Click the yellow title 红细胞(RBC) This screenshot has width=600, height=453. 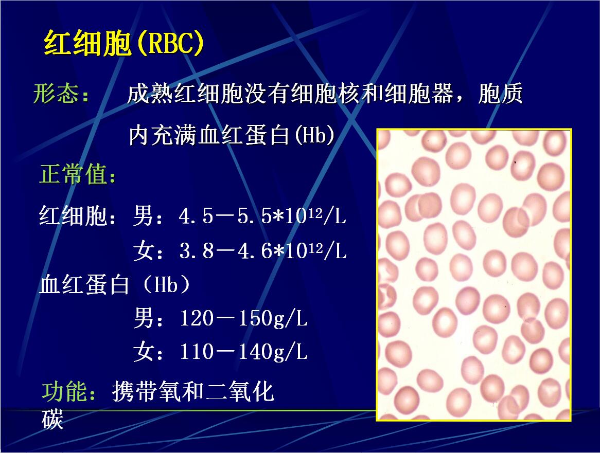coord(123,43)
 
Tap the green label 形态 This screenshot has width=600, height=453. coord(56,93)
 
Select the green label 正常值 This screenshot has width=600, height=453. coord(73,174)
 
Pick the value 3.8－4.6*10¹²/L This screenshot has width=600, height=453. coord(263,251)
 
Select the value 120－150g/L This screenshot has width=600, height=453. coord(244,318)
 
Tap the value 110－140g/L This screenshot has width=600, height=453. coord(244,352)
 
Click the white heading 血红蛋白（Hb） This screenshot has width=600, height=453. coord(115,285)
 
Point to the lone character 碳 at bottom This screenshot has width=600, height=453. coord(52,420)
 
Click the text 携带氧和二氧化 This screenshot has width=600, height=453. coord(193,391)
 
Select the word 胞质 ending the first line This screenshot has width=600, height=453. coord(500,94)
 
